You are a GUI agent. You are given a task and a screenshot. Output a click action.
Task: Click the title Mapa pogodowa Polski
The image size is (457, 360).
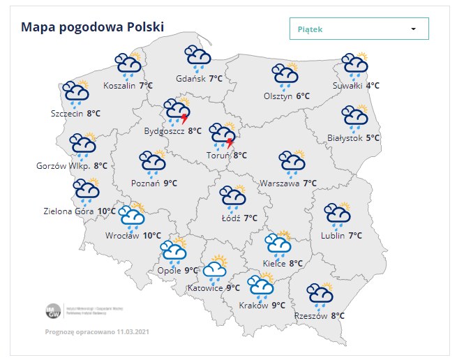(92, 27)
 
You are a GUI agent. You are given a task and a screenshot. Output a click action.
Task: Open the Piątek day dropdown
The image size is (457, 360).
(359, 29)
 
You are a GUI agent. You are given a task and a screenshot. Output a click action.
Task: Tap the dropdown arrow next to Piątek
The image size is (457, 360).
(413, 29)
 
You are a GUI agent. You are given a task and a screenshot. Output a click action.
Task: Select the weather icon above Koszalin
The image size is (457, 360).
(129, 64)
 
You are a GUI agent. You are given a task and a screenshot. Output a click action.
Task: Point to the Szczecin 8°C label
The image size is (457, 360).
(75, 112)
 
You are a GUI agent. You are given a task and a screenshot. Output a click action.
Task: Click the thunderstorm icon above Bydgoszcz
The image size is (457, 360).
(178, 112)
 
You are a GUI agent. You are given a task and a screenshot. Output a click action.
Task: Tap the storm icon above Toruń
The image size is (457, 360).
(223, 136)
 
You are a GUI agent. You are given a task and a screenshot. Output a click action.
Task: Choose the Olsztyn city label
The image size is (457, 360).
(278, 96)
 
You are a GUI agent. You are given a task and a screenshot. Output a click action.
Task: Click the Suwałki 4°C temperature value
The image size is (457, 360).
(373, 86)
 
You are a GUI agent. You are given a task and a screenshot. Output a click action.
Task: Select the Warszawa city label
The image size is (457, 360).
(278, 183)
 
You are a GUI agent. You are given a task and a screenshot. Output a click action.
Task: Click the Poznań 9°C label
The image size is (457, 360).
(153, 183)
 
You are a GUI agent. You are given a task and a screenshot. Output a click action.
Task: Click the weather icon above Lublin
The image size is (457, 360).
(338, 216)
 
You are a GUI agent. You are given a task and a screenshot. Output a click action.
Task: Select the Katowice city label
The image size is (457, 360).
(205, 288)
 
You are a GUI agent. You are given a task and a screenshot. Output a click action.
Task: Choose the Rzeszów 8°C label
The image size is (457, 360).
(320, 316)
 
